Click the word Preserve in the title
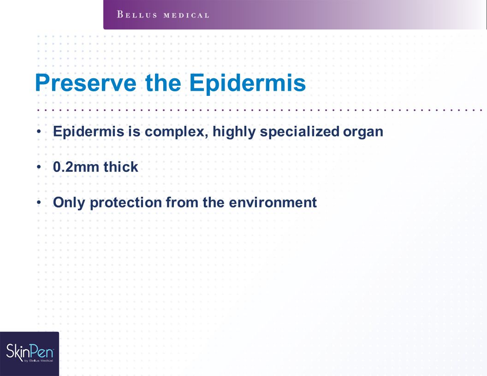point(86,83)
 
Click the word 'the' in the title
point(163,82)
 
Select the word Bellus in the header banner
point(137,15)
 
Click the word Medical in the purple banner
point(186,15)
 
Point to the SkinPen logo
point(30,354)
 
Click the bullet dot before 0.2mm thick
point(39,167)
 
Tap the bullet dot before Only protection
point(39,203)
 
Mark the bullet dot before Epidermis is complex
point(39,131)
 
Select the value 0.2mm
point(76,167)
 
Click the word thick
point(121,167)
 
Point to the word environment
point(273,203)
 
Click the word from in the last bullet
point(182,203)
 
